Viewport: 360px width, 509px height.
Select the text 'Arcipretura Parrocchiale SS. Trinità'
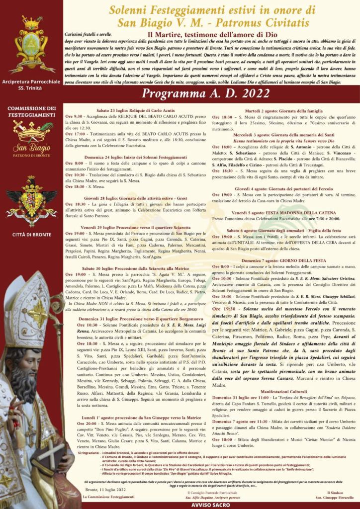(31, 85)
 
